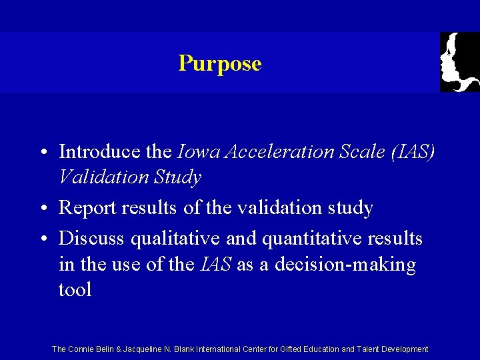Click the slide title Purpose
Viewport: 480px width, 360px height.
coord(220,64)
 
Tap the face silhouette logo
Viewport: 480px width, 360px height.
coord(459,61)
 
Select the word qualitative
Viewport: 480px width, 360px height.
coord(174,238)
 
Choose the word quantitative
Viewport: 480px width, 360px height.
coord(301,238)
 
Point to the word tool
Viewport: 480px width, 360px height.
coord(75,290)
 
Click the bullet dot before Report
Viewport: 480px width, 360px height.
coord(42,209)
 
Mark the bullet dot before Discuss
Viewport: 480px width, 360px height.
coord(42,239)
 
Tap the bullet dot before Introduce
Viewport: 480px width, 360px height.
coord(42,153)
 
